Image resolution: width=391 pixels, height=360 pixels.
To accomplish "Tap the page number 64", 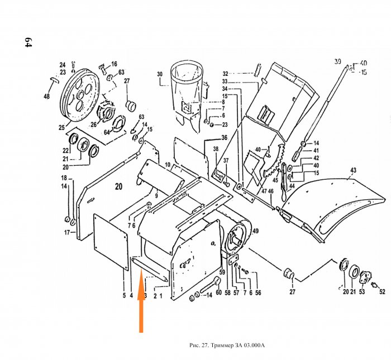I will pos(26,44).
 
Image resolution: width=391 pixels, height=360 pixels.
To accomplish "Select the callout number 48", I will pos(46,97).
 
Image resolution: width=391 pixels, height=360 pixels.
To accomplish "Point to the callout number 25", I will pos(61,128).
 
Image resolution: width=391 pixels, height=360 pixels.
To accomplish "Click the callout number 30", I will pos(159,74).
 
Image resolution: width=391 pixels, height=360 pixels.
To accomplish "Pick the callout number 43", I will pos(353,170).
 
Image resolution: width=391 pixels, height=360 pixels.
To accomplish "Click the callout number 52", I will pos(383,291).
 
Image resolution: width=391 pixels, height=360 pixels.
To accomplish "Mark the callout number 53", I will pos(362,291).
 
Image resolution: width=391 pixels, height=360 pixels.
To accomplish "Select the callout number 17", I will pos(66,232).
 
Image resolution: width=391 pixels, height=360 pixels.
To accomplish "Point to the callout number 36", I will pos(224,138).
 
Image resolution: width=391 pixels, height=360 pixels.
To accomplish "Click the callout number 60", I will pos(219,292).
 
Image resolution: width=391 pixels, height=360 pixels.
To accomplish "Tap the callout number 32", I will pos(225,74).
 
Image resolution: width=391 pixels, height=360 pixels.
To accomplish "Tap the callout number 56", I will pos(258,292).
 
